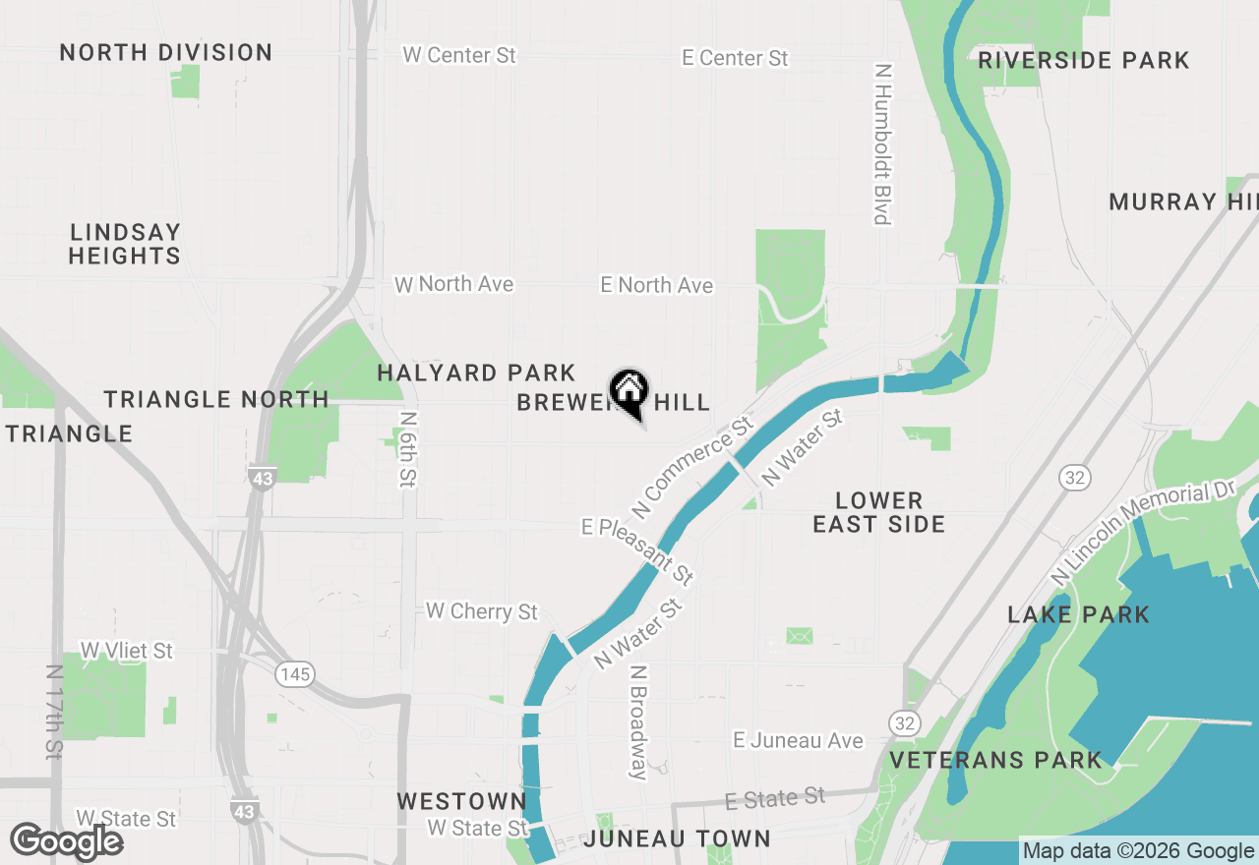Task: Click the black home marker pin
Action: coord(629,392)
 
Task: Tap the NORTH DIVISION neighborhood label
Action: coord(166,53)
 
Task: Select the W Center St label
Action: coord(459,55)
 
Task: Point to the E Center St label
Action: coord(735,59)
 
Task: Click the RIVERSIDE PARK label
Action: coord(1084,61)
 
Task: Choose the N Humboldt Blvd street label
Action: coord(882,144)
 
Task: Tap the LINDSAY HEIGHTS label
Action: coord(125,244)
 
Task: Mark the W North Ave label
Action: coord(454,284)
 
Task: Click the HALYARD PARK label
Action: coord(476,374)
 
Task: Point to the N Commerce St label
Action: coord(693,467)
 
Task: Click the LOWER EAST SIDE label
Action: coord(879,512)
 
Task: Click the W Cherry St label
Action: coord(482,611)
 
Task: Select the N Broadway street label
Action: coord(639,722)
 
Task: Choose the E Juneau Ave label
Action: coord(798,740)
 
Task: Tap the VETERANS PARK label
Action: coord(995,761)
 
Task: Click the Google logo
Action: coord(67,841)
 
